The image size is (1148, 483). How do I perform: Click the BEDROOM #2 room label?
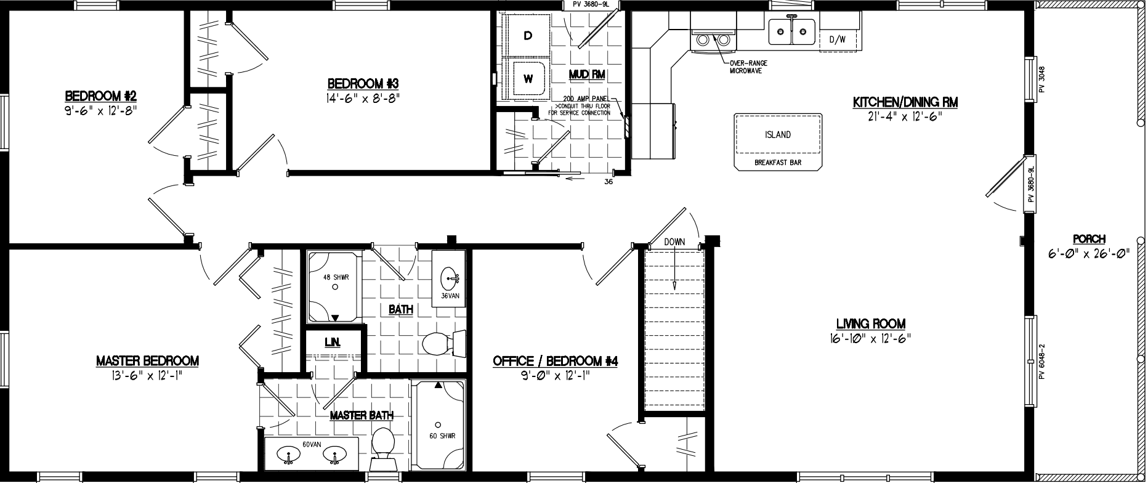[x=100, y=96]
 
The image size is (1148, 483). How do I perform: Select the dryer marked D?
[x=528, y=36]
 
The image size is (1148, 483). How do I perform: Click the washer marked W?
[x=528, y=79]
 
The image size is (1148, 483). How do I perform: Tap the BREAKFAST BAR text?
[x=778, y=163]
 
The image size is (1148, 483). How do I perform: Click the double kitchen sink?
[x=792, y=31]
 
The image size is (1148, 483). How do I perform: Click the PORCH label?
[x=1089, y=239]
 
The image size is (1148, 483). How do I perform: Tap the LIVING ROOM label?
[x=870, y=323]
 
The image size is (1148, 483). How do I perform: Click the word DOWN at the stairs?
[x=674, y=242]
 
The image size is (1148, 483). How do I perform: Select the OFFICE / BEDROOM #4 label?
[x=555, y=361]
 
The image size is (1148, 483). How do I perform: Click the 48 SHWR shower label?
[x=336, y=277]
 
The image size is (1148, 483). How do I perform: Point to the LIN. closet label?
[x=333, y=342]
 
